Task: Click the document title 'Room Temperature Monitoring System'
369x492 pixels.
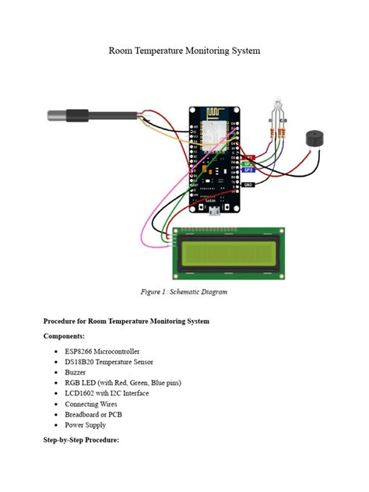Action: [184, 51]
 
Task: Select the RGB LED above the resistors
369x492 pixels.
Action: [279, 105]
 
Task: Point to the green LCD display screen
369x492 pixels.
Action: [227, 254]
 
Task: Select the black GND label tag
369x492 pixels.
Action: [248, 184]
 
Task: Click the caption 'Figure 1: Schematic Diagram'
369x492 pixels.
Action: [184, 292]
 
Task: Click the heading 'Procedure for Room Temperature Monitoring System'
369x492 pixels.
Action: [126, 321]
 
